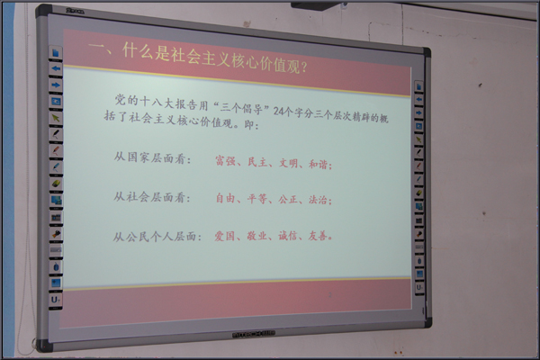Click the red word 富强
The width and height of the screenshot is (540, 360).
[225, 161]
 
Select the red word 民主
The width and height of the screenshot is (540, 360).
[257, 162]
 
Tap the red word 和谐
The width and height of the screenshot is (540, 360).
[318, 164]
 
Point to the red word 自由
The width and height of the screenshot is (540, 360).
[225, 198]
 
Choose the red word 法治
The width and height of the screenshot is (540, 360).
[318, 200]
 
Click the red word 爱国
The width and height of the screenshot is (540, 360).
[224, 236]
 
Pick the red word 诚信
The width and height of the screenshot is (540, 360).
[288, 236]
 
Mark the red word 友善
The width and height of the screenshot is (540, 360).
[318, 236]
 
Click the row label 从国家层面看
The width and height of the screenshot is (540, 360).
[150, 158]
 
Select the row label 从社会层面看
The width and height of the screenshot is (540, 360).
[149, 197]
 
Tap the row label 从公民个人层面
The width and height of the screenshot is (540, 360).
[155, 237]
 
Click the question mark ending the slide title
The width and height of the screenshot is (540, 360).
[304, 67]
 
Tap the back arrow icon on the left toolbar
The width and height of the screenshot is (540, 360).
[56, 68]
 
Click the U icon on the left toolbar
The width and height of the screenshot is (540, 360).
[56, 300]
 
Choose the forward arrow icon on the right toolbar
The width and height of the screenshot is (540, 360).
[418, 113]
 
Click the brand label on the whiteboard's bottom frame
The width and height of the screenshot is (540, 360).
[254, 334]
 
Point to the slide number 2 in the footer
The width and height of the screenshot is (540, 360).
[330, 295]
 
